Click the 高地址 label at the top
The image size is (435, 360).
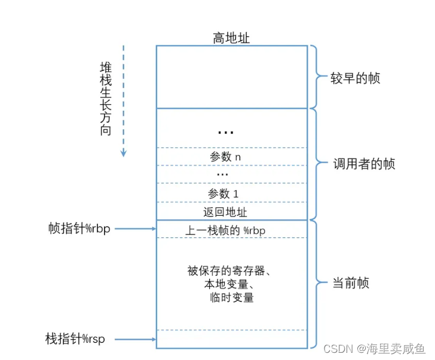coord(231,38)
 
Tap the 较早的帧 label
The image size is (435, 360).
coord(355,78)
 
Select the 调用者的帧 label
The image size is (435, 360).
coord(364,163)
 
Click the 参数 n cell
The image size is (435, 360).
coord(225,157)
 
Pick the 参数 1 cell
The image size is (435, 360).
coord(223,194)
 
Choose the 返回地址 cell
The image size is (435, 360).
coord(225,212)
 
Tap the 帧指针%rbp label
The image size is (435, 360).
coord(79,228)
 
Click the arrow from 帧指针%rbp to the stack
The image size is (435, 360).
coord(134,228)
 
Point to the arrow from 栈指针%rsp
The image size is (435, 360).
coord(134,339)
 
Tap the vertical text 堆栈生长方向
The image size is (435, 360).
coord(105,97)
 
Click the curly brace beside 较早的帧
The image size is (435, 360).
coord(315,77)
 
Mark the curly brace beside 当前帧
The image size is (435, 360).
coord(315,283)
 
